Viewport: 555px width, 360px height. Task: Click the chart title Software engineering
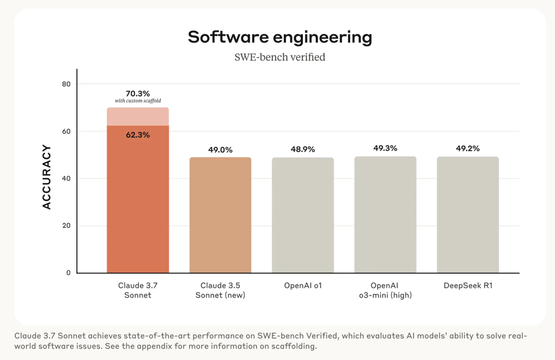coord(280,37)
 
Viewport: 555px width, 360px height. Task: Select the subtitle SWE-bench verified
coord(280,57)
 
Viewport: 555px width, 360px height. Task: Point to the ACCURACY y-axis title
coord(47,177)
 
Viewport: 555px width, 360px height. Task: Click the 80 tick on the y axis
coord(66,84)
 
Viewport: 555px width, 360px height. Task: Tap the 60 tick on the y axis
coord(66,132)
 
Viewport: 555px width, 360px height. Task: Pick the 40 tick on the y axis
coord(66,179)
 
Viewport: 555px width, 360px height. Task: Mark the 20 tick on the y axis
coord(66,226)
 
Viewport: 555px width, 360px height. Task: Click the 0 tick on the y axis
coord(68,273)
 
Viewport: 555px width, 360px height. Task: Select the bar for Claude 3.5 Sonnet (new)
coord(220,215)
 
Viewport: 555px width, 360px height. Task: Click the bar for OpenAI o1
coord(303,215)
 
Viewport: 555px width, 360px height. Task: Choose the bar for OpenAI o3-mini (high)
coord(385,215)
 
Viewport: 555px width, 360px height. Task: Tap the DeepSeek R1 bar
coord(468,215)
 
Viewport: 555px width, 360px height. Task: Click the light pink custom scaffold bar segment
coord(138,116)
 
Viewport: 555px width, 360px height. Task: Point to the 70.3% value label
coord(138,94)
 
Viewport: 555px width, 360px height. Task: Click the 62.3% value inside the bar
coord(138,135)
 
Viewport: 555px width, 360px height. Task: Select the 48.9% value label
coord(303,150)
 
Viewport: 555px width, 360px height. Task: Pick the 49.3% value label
coord(385,149)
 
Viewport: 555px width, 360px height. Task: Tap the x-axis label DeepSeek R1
coord(468,285)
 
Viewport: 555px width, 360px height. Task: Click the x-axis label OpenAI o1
coord(303,285)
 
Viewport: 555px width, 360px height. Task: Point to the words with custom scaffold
coord(138,102)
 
